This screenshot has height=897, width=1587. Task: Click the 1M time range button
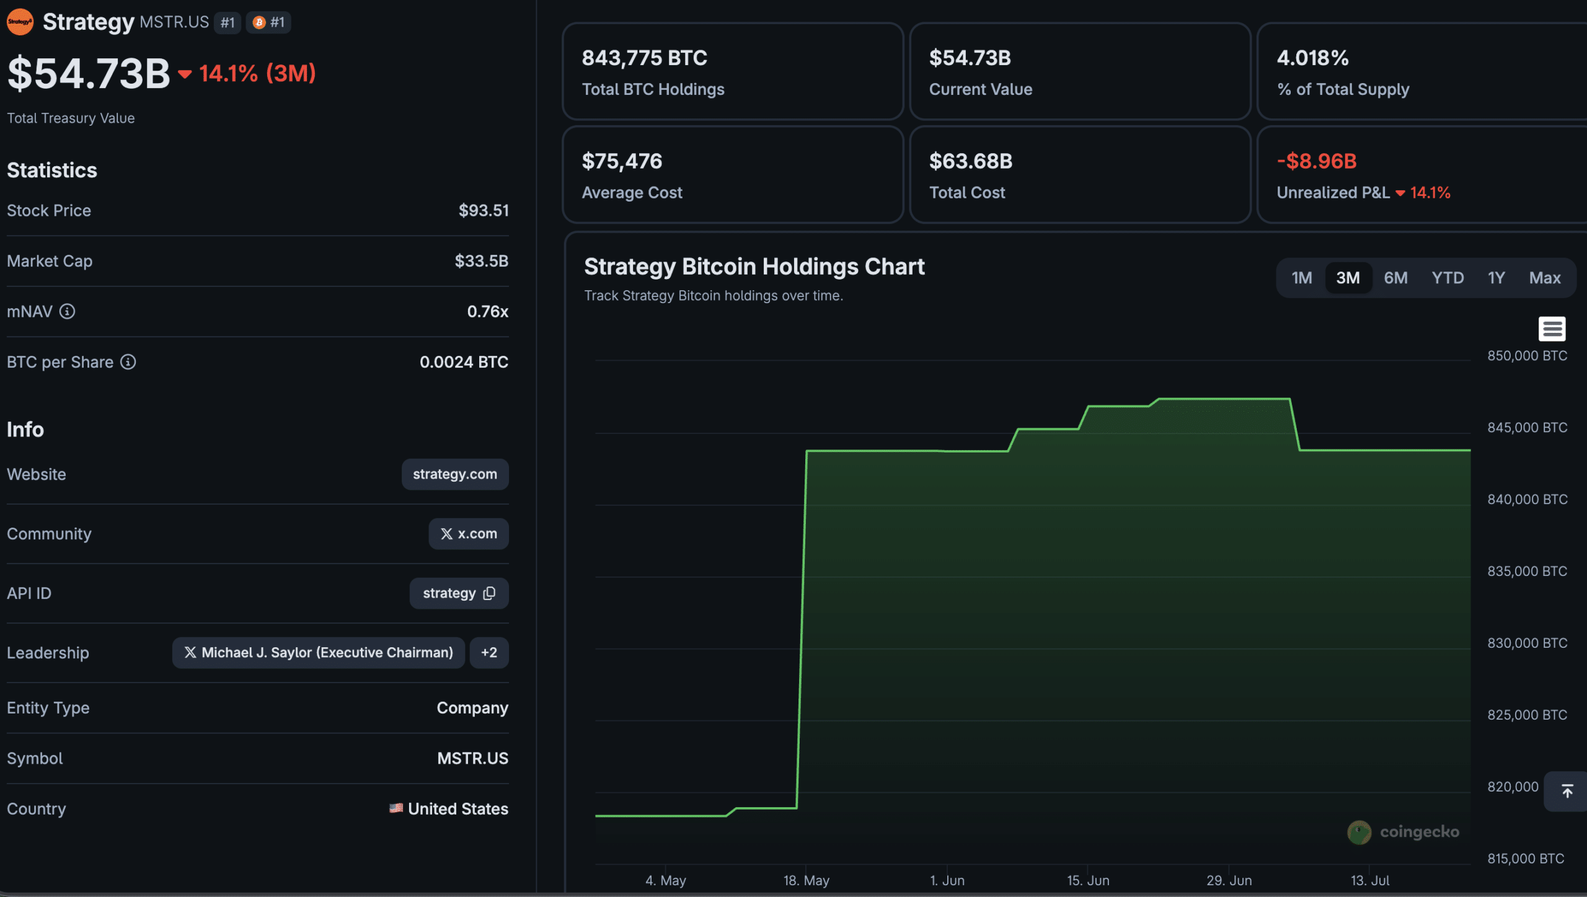coord(1301,278)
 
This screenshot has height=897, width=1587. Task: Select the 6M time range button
coord(1395,278)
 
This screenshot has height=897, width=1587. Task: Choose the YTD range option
coord(1448,278)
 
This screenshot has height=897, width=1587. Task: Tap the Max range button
coord(1544,278)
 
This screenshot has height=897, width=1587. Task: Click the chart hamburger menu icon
coord(1552,329)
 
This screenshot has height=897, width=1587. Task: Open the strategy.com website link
coord(455,474)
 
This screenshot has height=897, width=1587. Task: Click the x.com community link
coord(469,534)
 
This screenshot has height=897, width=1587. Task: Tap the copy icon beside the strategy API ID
coord(489,593)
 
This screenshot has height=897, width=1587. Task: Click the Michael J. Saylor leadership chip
coord(319,653)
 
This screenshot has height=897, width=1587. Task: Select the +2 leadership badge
coord(489,653)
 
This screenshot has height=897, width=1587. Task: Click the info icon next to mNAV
coord(67,311)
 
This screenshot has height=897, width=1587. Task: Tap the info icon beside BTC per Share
coord(128,362)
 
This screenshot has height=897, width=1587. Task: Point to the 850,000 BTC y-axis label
coord(1527,356)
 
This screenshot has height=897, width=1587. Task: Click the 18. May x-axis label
coord(806,880)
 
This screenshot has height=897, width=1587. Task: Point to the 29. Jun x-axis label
coord(1229,880)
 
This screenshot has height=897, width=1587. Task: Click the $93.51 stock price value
coord(484,211)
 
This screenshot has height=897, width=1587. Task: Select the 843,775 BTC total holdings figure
coord(644,58)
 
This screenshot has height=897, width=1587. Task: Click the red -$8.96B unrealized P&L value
coord(1317,161)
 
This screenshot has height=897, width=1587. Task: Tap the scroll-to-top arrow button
coord(1567,792)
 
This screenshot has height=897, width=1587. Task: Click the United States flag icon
coord(396,808)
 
